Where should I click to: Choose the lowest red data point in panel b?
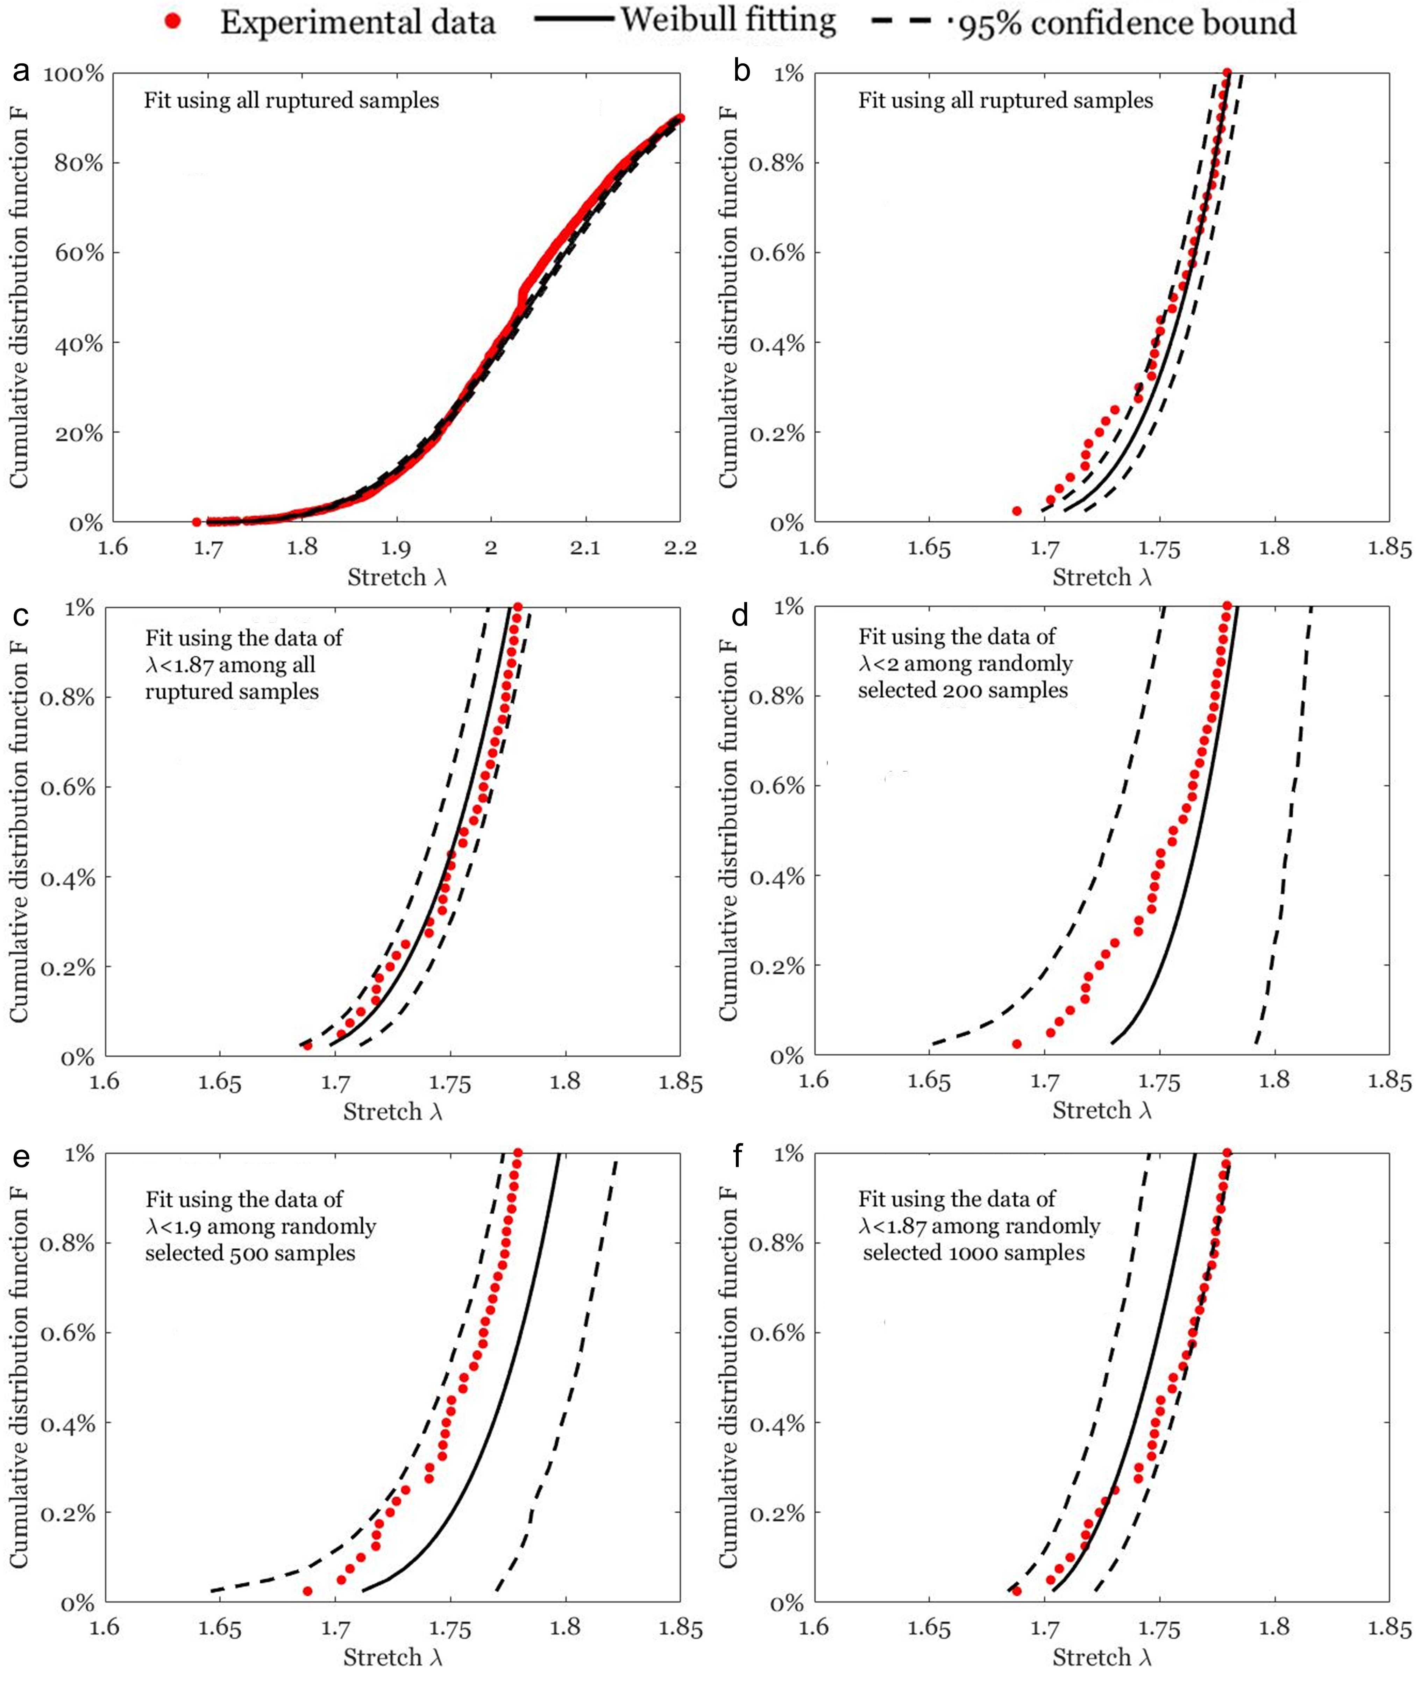(x=1017, y=511)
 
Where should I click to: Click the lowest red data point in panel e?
(x=307, y=1591)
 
